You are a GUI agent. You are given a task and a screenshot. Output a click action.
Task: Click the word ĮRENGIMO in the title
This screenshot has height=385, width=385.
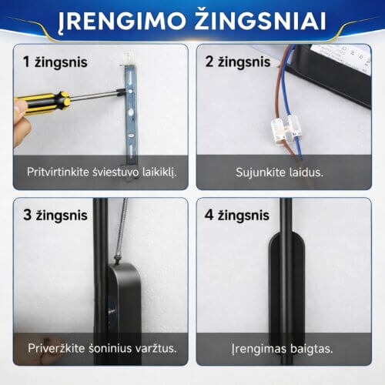click(122, 22)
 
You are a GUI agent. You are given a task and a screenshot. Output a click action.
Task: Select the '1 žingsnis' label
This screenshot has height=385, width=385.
click(55, 62)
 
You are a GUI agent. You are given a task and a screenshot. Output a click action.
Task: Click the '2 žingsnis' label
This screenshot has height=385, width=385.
click(238, 62)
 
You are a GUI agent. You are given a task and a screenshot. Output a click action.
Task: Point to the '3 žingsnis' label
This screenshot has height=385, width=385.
click(55, 215)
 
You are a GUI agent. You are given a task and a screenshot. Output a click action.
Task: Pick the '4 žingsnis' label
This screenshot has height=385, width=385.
click(237, 215)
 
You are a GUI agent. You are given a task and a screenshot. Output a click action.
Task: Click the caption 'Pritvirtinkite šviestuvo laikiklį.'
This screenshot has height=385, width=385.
click(102, 172)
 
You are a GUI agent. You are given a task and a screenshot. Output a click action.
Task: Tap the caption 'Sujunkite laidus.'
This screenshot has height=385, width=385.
click(280, 172)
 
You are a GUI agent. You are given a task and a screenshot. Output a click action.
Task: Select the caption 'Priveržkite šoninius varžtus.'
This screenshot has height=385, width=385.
click(102, 348)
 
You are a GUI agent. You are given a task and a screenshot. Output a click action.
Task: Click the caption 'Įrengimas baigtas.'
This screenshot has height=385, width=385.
click(282, 349)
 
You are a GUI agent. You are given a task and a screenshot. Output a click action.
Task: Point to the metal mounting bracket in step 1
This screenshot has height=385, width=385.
click(131, 113)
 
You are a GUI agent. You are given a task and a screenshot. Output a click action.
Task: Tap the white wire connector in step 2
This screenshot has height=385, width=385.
click(286, 129)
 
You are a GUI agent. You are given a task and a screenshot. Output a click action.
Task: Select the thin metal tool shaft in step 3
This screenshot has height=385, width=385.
click(121, 229)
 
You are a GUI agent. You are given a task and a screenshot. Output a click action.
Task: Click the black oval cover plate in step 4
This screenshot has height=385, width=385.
click(286, 290)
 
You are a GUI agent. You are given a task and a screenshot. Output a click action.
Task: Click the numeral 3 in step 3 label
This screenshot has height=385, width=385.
click(27, 215)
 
